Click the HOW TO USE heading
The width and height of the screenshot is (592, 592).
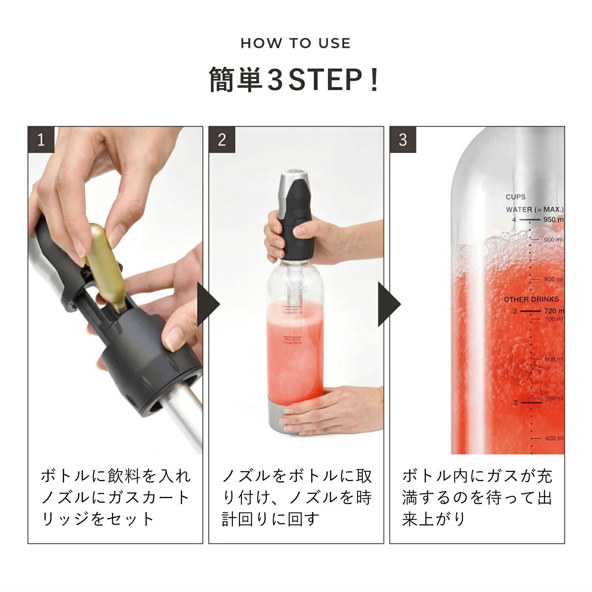296,43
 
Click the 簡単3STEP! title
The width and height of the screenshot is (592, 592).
294,80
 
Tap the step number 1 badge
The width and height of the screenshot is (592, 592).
41,140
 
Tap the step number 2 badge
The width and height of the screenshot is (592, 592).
222,140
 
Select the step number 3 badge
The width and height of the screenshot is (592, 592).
403,140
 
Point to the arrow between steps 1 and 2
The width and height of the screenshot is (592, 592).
208,304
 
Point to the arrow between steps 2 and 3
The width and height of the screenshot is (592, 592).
389,304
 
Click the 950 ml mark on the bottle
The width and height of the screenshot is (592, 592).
553,219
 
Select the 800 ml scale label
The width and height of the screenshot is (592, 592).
553,279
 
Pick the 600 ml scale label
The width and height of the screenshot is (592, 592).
553,359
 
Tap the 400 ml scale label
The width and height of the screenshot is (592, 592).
554,438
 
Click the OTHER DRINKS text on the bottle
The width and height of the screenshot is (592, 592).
531,300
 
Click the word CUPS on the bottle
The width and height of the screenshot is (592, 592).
515,197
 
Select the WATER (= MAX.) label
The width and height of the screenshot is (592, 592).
534,210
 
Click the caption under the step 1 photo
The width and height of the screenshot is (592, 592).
115,497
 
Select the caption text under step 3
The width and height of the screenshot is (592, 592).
477,497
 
